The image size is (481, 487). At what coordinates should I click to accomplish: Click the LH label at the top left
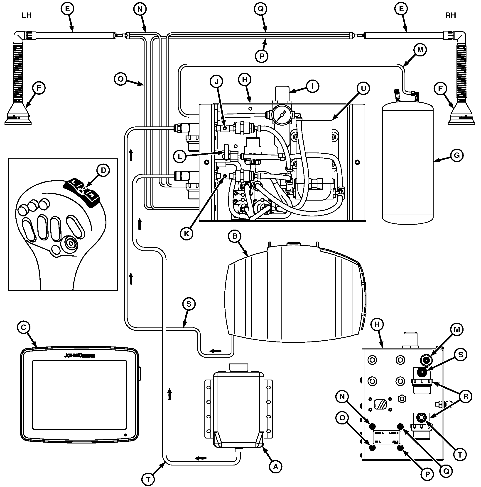[x=27, y=15]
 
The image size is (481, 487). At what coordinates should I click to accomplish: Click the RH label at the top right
[x=450, y=15]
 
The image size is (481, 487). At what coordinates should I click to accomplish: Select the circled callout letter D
[x=103, y=170]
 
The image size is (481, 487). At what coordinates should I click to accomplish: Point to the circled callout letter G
[x=457, y=155]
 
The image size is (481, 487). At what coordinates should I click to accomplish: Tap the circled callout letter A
[x=276, y=467]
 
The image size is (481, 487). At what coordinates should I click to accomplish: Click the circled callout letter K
[x=187, y=234]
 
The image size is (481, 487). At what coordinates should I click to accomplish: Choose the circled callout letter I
[x=312, y=86]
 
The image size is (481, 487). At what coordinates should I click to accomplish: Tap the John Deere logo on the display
[x=79, y=355]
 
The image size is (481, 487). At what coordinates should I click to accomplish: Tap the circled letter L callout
[x=180, y=156]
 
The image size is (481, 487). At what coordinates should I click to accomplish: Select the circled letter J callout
[x=217, y=81]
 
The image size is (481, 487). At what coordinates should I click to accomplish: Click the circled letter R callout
[x=466, y=396]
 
